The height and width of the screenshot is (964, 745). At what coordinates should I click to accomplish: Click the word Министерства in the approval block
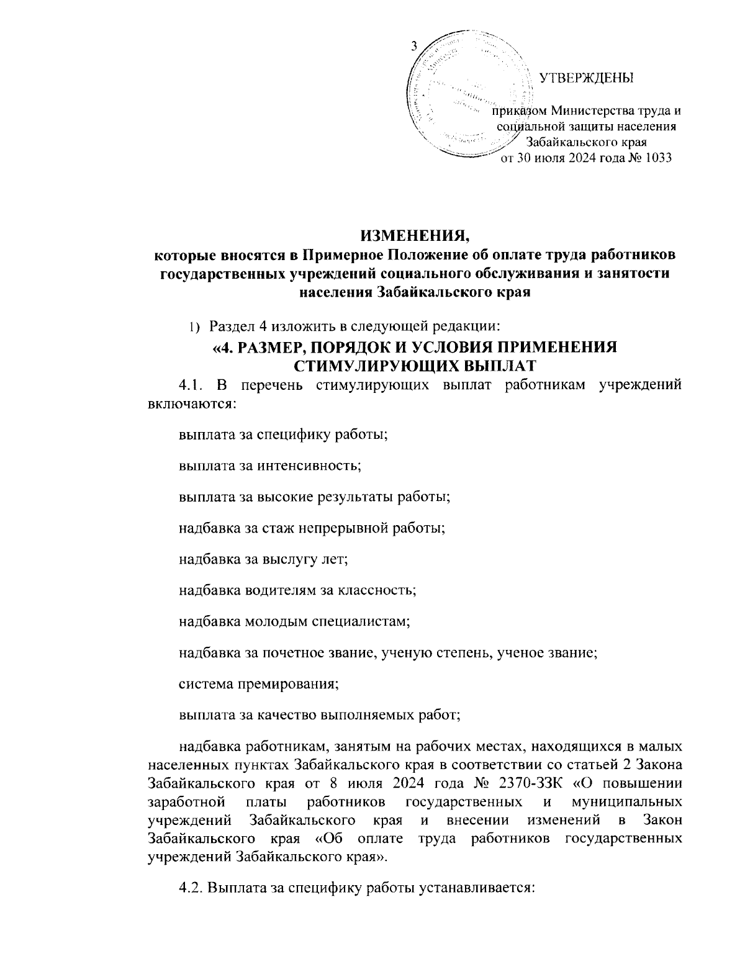(x=590, y=112)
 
